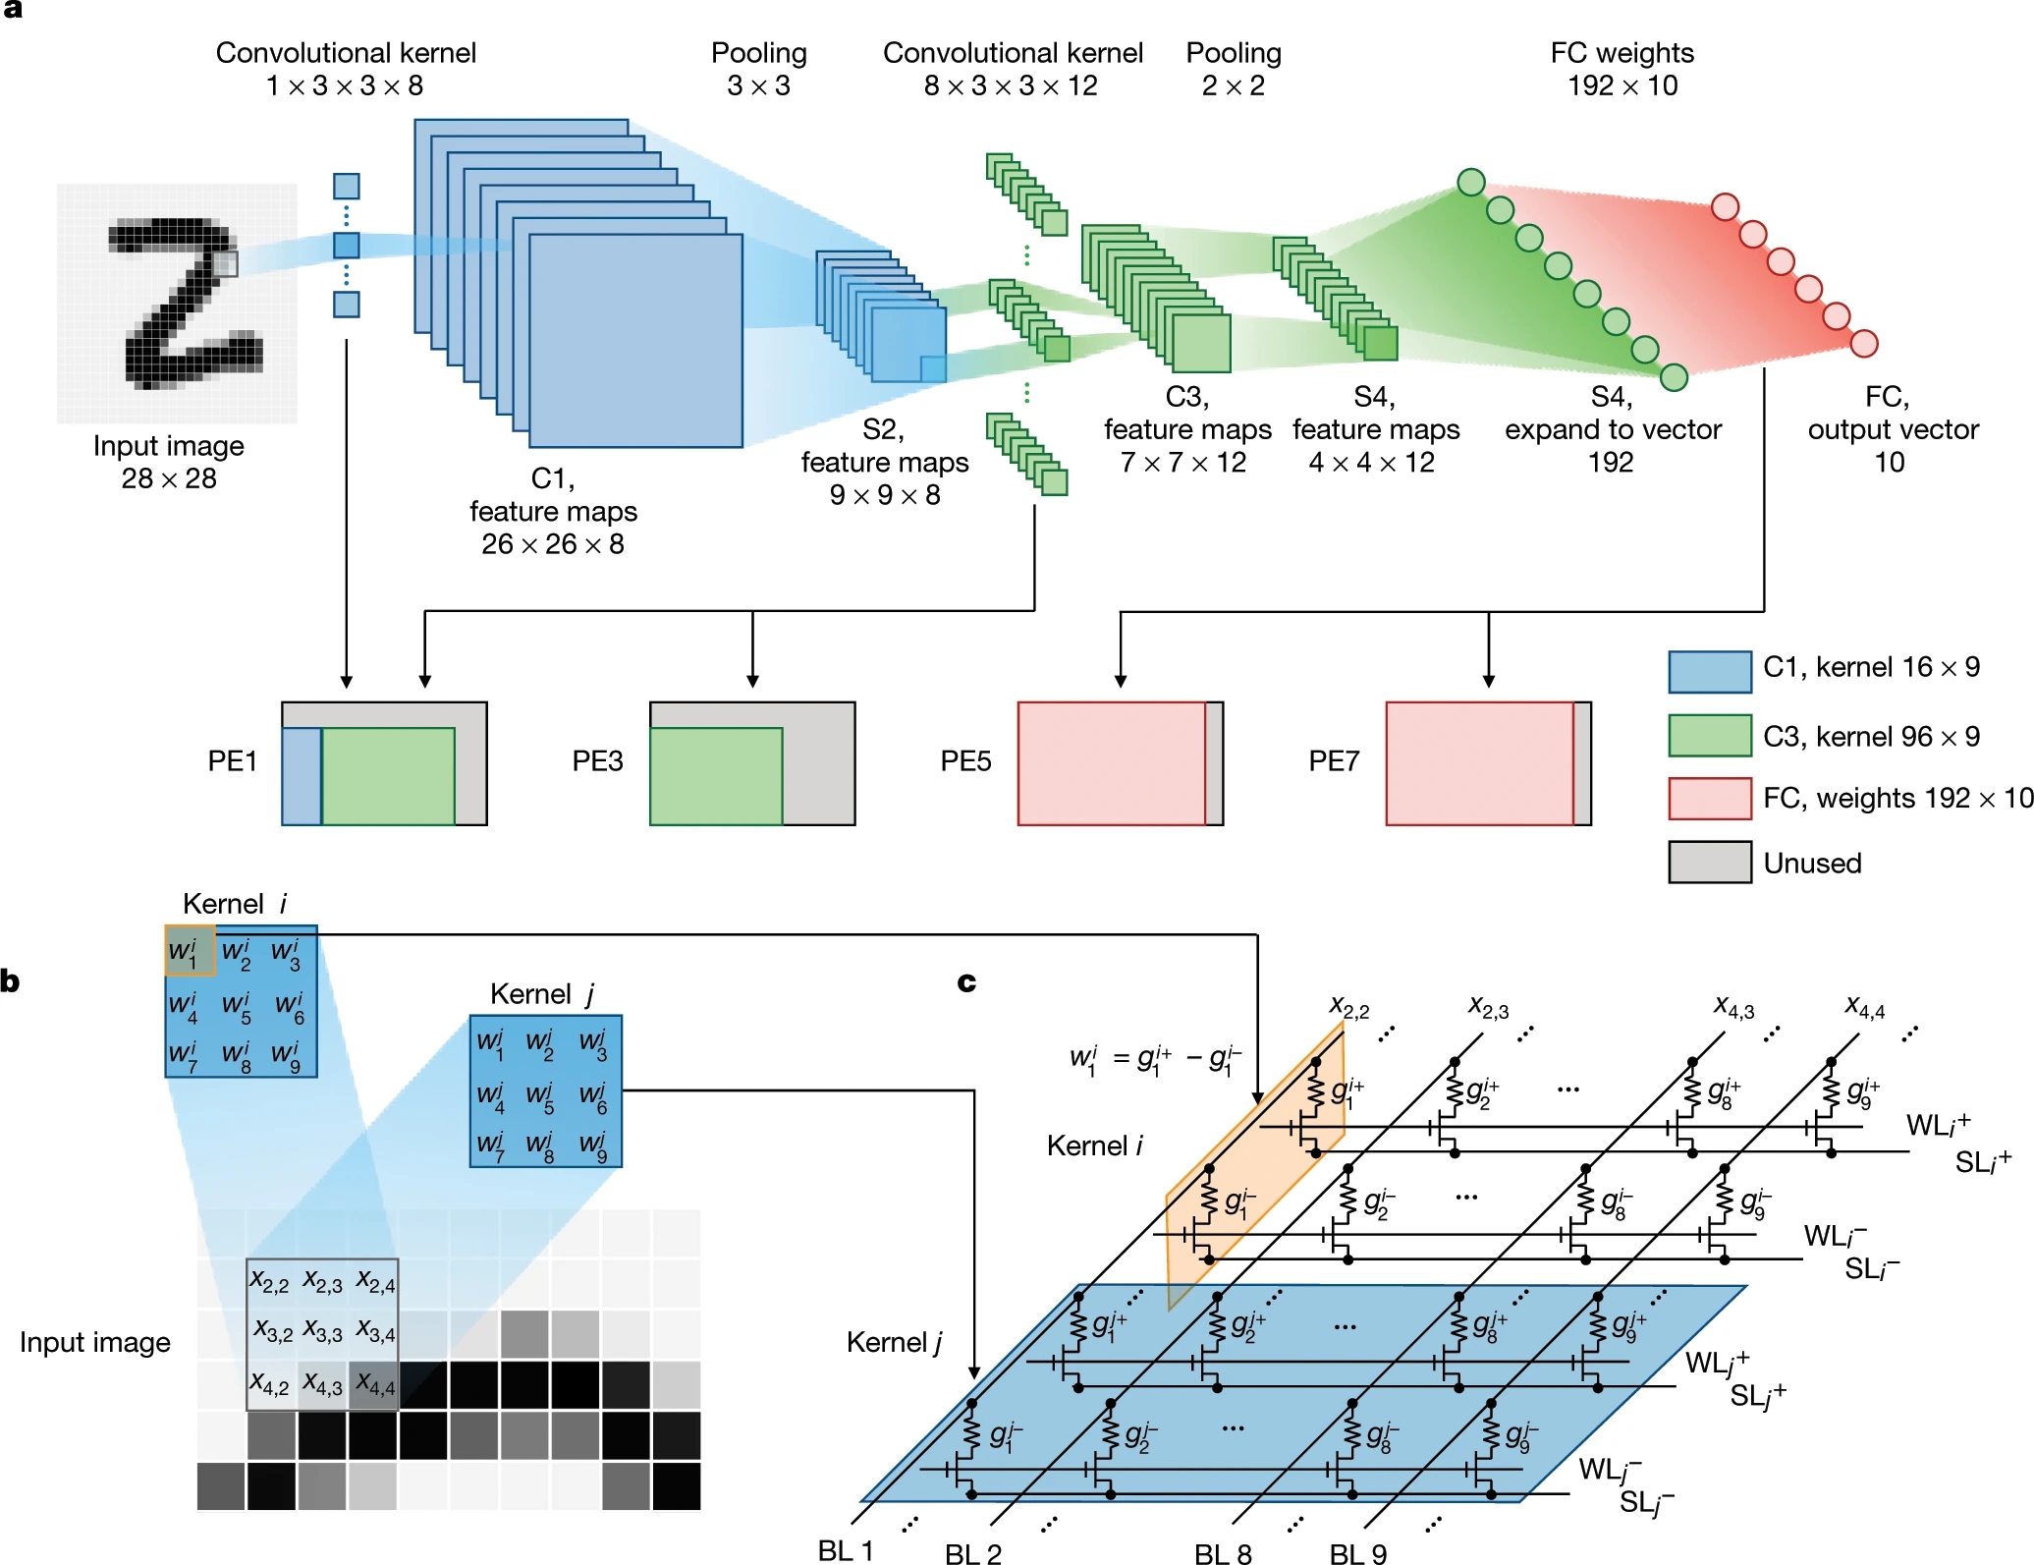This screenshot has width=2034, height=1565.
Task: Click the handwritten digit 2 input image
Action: click(x=177, y=303)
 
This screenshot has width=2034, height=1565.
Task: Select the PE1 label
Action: click(x=232, y=761)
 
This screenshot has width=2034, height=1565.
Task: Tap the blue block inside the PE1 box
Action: click(x=302, y=776)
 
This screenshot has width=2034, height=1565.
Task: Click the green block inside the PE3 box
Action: click(x=716, y=776)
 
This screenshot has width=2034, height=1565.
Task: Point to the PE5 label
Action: click(x=965, y=761)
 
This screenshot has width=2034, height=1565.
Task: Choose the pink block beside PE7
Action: click(x=1479, y=763)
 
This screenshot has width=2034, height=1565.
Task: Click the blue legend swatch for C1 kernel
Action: click(x=1709, y=671)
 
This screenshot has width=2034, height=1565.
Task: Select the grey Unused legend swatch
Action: click(x=1709, y=862)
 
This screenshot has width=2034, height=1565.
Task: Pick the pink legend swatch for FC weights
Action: click(x=1709, y=798)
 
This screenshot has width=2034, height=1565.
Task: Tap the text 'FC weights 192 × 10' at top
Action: click(x=1622, y=69)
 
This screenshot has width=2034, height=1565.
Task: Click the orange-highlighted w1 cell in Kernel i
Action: click(x=190, y=950)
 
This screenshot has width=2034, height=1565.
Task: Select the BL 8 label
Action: click(x=1223, y=1553)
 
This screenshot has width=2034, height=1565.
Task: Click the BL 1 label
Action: click(x=845, y=1550)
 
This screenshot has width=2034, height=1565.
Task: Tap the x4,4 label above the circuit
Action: click(x=1864, y=1007)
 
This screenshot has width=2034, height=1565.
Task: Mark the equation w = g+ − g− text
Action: click(x=1155, y=1060)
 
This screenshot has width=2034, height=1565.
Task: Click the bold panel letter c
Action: click(x=966, y=981)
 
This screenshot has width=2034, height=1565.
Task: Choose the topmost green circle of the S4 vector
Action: click(x=1470, y=182)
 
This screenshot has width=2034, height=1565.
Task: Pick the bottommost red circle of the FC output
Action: click(x=1863, y=343)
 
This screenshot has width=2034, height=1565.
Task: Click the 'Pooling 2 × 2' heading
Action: click(x=1234, y=69)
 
